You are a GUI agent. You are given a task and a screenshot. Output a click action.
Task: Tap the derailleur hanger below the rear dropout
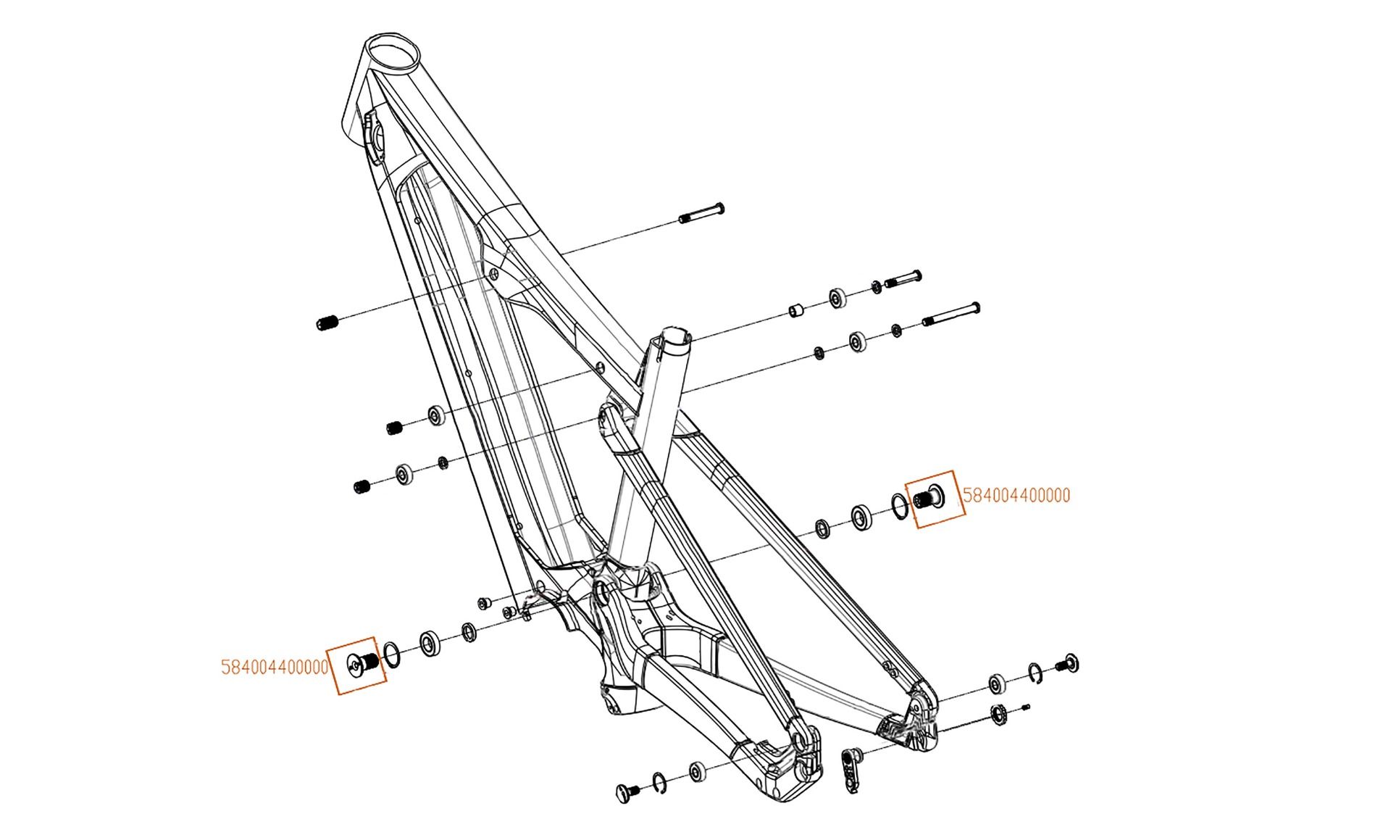point(851,768)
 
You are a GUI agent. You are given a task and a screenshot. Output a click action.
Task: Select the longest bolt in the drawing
point(951,314)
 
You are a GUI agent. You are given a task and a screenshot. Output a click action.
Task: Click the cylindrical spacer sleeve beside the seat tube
point(798,312)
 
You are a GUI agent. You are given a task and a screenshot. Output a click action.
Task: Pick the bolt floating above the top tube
point(701,213)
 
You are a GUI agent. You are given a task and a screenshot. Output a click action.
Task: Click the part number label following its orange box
point(1016,496)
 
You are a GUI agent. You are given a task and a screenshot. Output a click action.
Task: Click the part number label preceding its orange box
point(275,667)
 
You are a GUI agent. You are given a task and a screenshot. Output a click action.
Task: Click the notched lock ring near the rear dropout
point(999,715)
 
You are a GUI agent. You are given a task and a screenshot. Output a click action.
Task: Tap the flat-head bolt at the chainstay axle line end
point(626,792)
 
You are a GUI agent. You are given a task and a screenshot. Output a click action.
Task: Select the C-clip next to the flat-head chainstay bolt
point(659,781)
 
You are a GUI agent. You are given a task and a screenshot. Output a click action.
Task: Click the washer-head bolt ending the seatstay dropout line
point(1067,662)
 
